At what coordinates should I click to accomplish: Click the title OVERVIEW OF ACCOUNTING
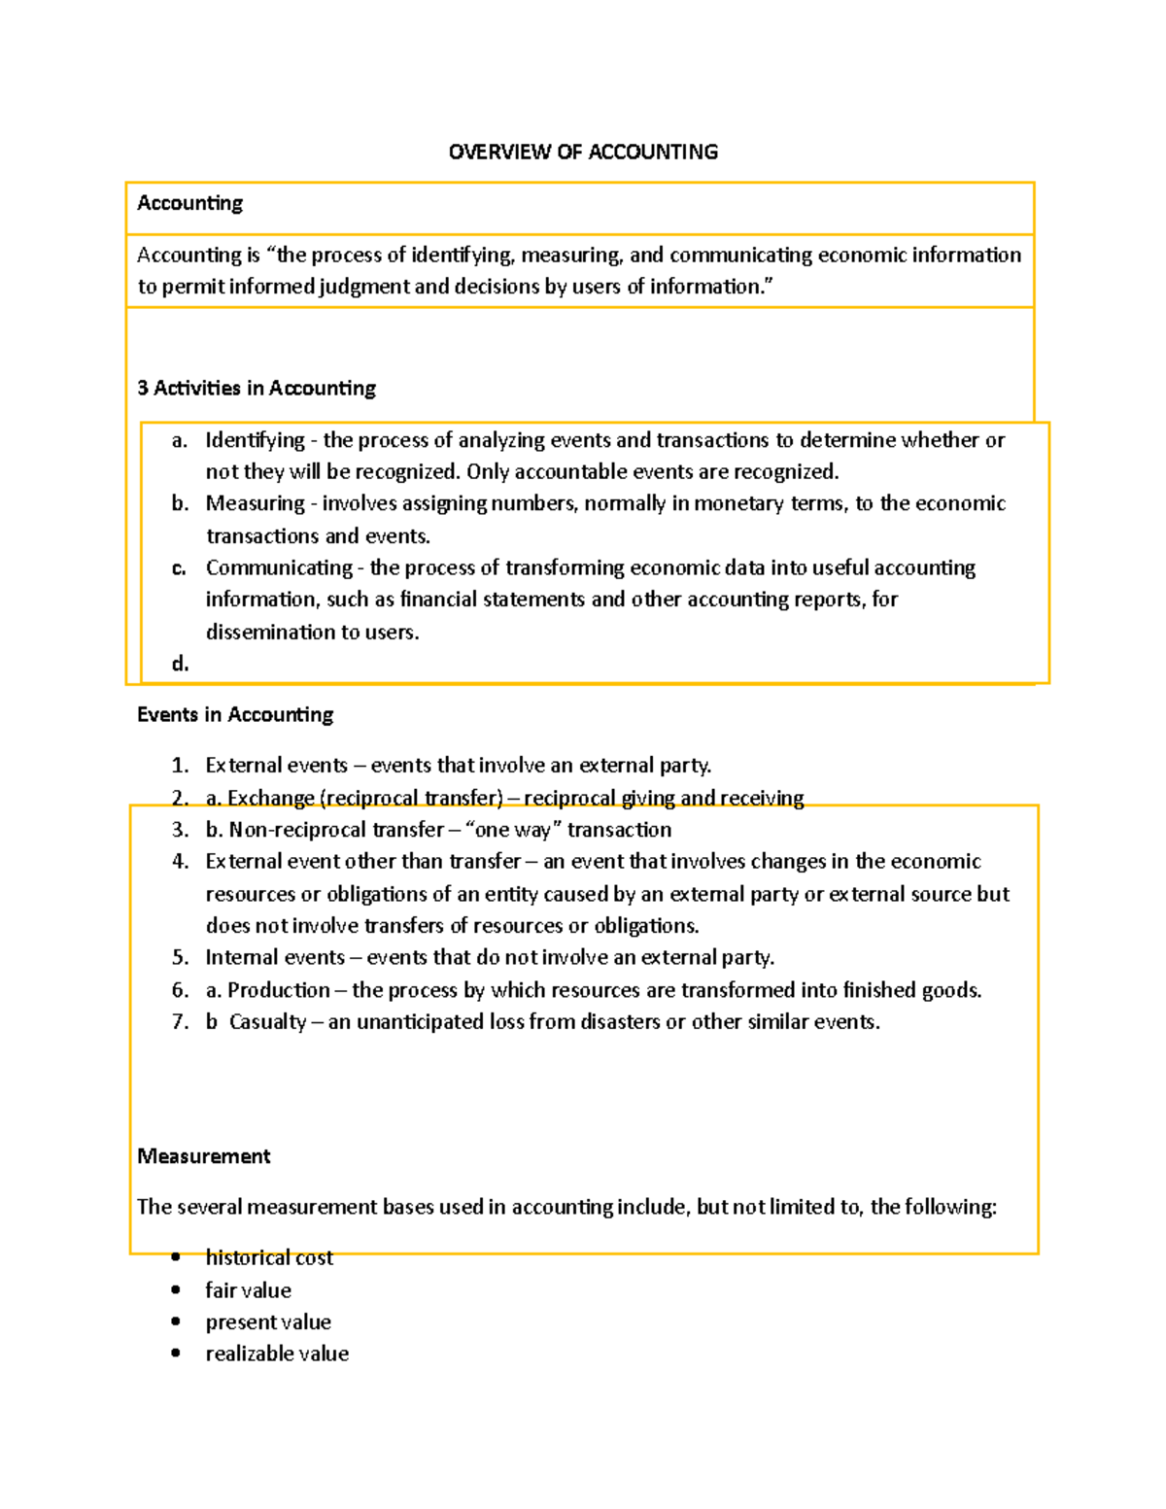coord(583,152)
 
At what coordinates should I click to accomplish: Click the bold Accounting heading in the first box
coord(189,203)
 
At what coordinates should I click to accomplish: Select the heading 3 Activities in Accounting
coord(257,388)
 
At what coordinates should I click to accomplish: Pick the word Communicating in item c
coord(279,567)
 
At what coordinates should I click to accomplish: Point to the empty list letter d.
coord(180,664)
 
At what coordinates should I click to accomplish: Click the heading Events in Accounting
coord(235,714)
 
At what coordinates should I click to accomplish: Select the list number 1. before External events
coord(180,766)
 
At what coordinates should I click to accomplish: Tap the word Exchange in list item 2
coord(271,798)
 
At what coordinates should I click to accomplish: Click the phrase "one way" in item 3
coord(513,830)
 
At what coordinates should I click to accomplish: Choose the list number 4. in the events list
coord(180,861)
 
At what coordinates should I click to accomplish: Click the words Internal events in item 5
coord(275,957)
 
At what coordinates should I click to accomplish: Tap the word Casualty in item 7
coord(267,1022)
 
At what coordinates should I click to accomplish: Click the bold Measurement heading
coord(204,1156)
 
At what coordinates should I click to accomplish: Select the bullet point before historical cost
coord(176,1257)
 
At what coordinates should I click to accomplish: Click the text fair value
coord(248,1290)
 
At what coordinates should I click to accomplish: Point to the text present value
coord(268,1322)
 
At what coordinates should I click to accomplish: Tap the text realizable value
coord(277,1354)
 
